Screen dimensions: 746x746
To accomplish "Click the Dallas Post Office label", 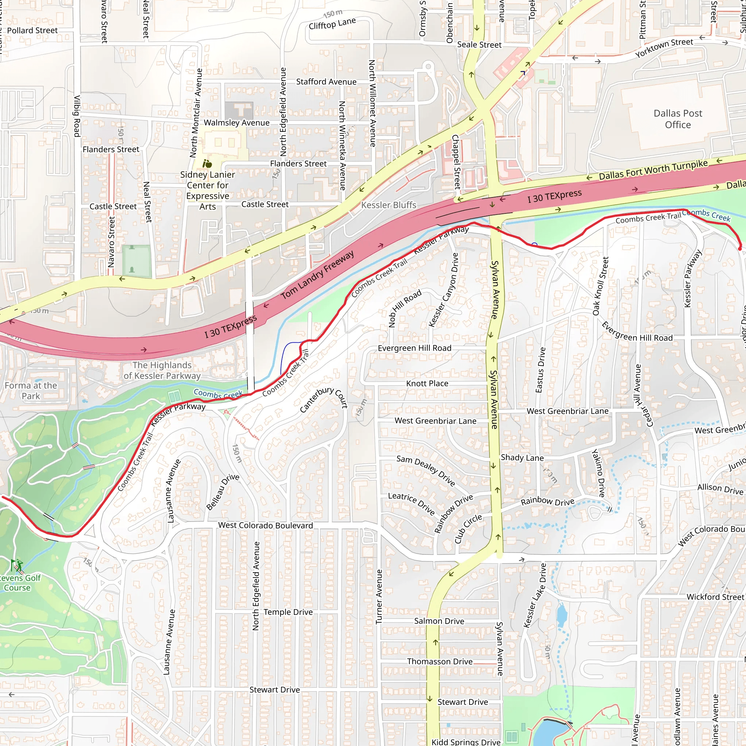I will (678, 119).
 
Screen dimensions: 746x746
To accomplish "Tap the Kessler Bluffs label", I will (388, 205).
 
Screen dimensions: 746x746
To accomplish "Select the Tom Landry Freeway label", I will (317, 275).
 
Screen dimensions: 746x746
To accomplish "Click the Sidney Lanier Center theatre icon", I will (207, 164).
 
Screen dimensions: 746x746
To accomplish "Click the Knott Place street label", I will (427, 384).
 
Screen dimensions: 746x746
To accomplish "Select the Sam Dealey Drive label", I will (425, 470).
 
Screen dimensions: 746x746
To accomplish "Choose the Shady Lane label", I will (522, 458).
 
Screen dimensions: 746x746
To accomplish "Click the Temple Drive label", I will (288, 612).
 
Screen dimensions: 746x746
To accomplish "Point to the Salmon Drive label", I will (439, 621).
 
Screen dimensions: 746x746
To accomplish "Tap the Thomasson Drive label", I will (439, 661).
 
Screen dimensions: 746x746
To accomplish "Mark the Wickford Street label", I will (715, 597).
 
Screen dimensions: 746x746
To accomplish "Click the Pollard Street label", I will (32, 31).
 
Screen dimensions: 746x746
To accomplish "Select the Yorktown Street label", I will (664, 47).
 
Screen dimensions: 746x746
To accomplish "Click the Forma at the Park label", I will (31, 390).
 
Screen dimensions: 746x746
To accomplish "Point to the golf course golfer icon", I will (17, 566).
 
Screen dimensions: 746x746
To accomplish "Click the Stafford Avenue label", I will (326, 82).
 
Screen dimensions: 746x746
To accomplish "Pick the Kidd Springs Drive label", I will (466, 742).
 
